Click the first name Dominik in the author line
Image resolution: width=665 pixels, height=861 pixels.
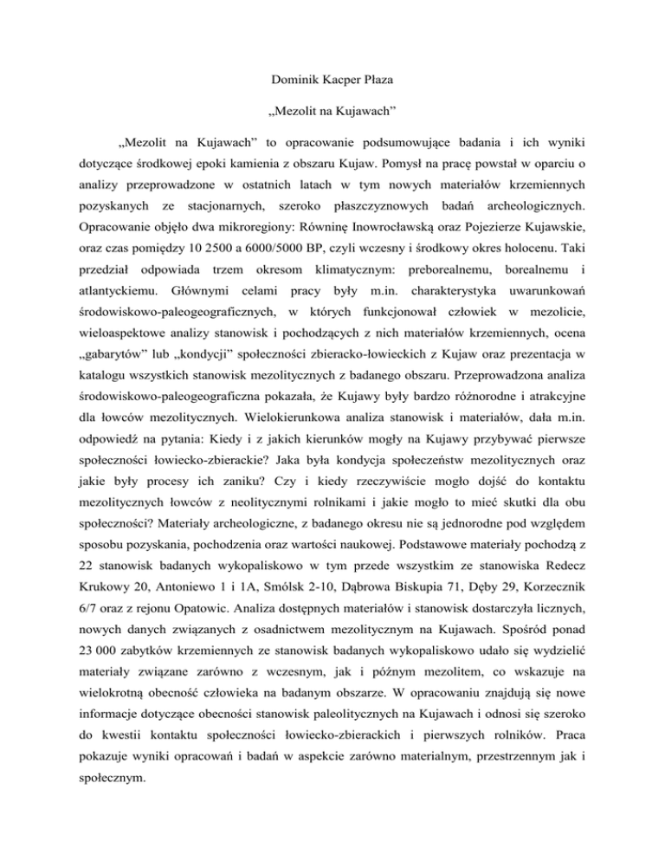[295, 87]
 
